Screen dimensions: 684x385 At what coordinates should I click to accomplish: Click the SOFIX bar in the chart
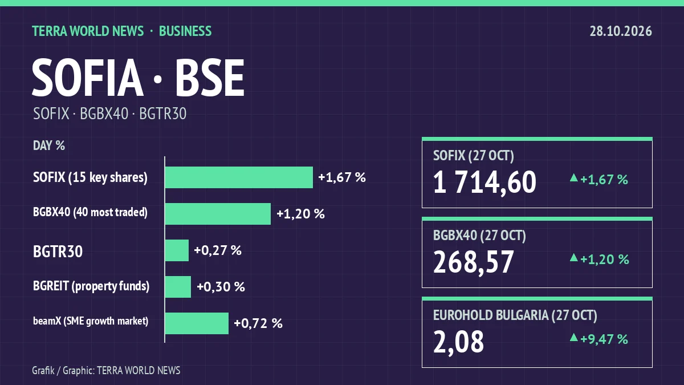pyautogui.click(x=239, y=177)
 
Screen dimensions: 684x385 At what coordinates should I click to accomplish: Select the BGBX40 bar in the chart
pyautogui.click(x=218, y=213)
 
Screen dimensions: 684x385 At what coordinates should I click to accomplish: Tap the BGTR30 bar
pyautogui.click(x=177, y=250)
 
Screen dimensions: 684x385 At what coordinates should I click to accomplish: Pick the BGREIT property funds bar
pyautogui.click(x=178, y=286)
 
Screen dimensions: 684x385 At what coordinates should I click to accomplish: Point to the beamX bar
pyautogui.click(x=197, y=323)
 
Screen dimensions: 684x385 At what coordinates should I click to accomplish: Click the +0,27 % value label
pyautogui.click(x=218, y=250)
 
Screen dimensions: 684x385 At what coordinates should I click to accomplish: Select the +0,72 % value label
pyautogui.click(x=258, y=323)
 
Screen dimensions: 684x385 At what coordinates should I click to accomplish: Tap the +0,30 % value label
pyautogui.click(x=221, y=286)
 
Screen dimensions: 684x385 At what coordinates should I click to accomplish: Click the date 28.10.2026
pyautogui.click(x=621, y=31)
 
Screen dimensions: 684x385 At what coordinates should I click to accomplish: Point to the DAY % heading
pyautogui.click(x=49, y=146)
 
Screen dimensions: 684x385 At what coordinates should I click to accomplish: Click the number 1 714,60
pyautogui.click(x=484, y=182)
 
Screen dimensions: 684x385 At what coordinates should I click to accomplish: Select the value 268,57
pyautogui.click(x=474, y=262)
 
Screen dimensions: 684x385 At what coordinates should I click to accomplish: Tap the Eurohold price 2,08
pyautogui.click(x=459, y=342)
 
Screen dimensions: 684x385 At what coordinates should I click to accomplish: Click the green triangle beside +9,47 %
pyautogui.click(x=574, y=338)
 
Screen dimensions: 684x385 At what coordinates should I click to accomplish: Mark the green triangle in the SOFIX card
pyautogui.click(x=574, y=178)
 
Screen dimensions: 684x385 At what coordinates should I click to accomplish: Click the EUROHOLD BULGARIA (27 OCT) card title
pyautogui.click(x=515, y=315)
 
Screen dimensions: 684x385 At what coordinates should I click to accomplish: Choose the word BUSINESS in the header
pyautogui.click(x=185, y=31)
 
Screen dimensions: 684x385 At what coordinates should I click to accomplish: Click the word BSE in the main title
pyautogui.click(x=210, y=78)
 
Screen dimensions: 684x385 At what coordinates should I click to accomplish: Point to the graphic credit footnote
pyautogui.click(x=106, y=370)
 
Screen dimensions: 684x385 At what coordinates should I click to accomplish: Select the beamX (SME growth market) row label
pyautogui.click(x=91, y=321)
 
